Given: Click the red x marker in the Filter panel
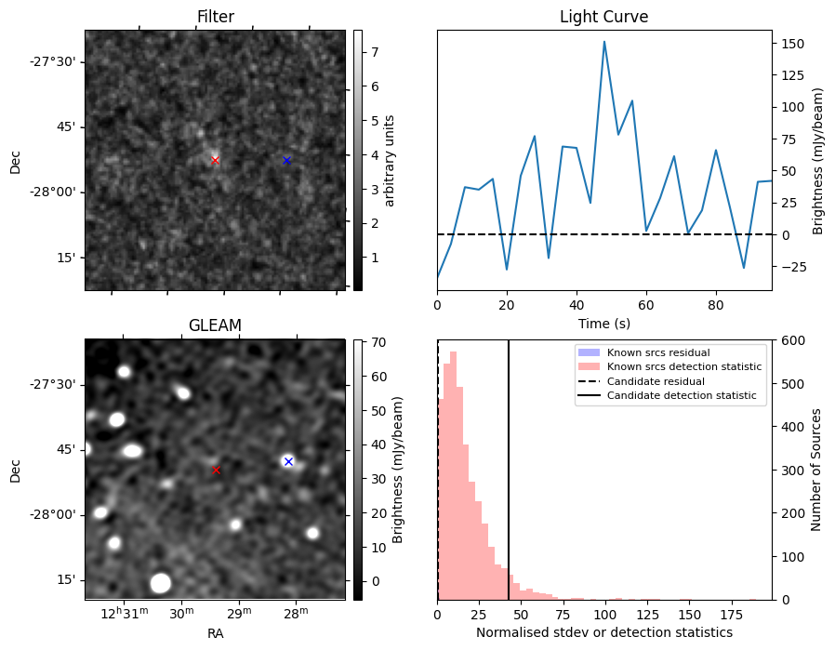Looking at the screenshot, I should click(x=215, y=160).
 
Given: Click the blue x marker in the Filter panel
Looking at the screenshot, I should click(x=286, y=160).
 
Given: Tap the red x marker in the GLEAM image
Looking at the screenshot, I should click(x=217, y=471).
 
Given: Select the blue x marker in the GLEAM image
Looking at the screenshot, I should click(x=288, y=461).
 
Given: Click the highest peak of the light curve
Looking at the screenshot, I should click(x=604, y=42).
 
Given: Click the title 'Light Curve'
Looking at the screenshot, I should click(x=603, y=17).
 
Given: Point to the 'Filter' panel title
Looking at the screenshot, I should click(x=215, y=17).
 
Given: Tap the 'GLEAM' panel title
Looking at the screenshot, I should click(x=215, y=325).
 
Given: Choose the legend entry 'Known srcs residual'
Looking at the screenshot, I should click(x=657, y=352).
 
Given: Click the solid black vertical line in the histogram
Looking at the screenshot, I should click(x=509, y=465).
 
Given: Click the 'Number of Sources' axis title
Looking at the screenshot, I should click(x=816, y=470).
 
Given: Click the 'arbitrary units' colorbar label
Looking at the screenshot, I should click(x=390, y=160).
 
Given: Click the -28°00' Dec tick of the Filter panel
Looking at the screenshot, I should click(x=57, y=192).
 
